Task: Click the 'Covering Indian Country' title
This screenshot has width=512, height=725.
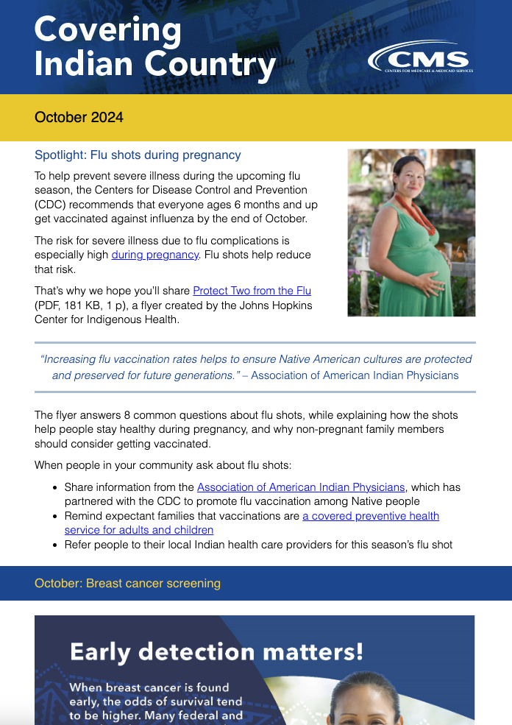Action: click(154, 47)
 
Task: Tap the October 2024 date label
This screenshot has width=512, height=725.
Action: click(79, 117)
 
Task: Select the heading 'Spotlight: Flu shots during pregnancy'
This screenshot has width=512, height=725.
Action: click(138, 155)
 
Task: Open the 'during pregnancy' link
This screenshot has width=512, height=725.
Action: click(155, 255)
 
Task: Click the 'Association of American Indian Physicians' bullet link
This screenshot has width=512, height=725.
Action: click(301, 487)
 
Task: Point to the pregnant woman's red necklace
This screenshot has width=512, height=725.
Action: click(406, 205)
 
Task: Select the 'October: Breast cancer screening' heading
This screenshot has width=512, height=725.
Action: click(127, 583)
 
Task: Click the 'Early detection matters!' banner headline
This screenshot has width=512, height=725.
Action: click(216, 651)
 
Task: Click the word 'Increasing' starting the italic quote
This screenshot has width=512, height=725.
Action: click(68, 359)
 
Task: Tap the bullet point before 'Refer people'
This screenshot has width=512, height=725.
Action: click(56, 545)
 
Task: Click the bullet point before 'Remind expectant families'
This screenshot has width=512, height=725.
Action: click(56, 517)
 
